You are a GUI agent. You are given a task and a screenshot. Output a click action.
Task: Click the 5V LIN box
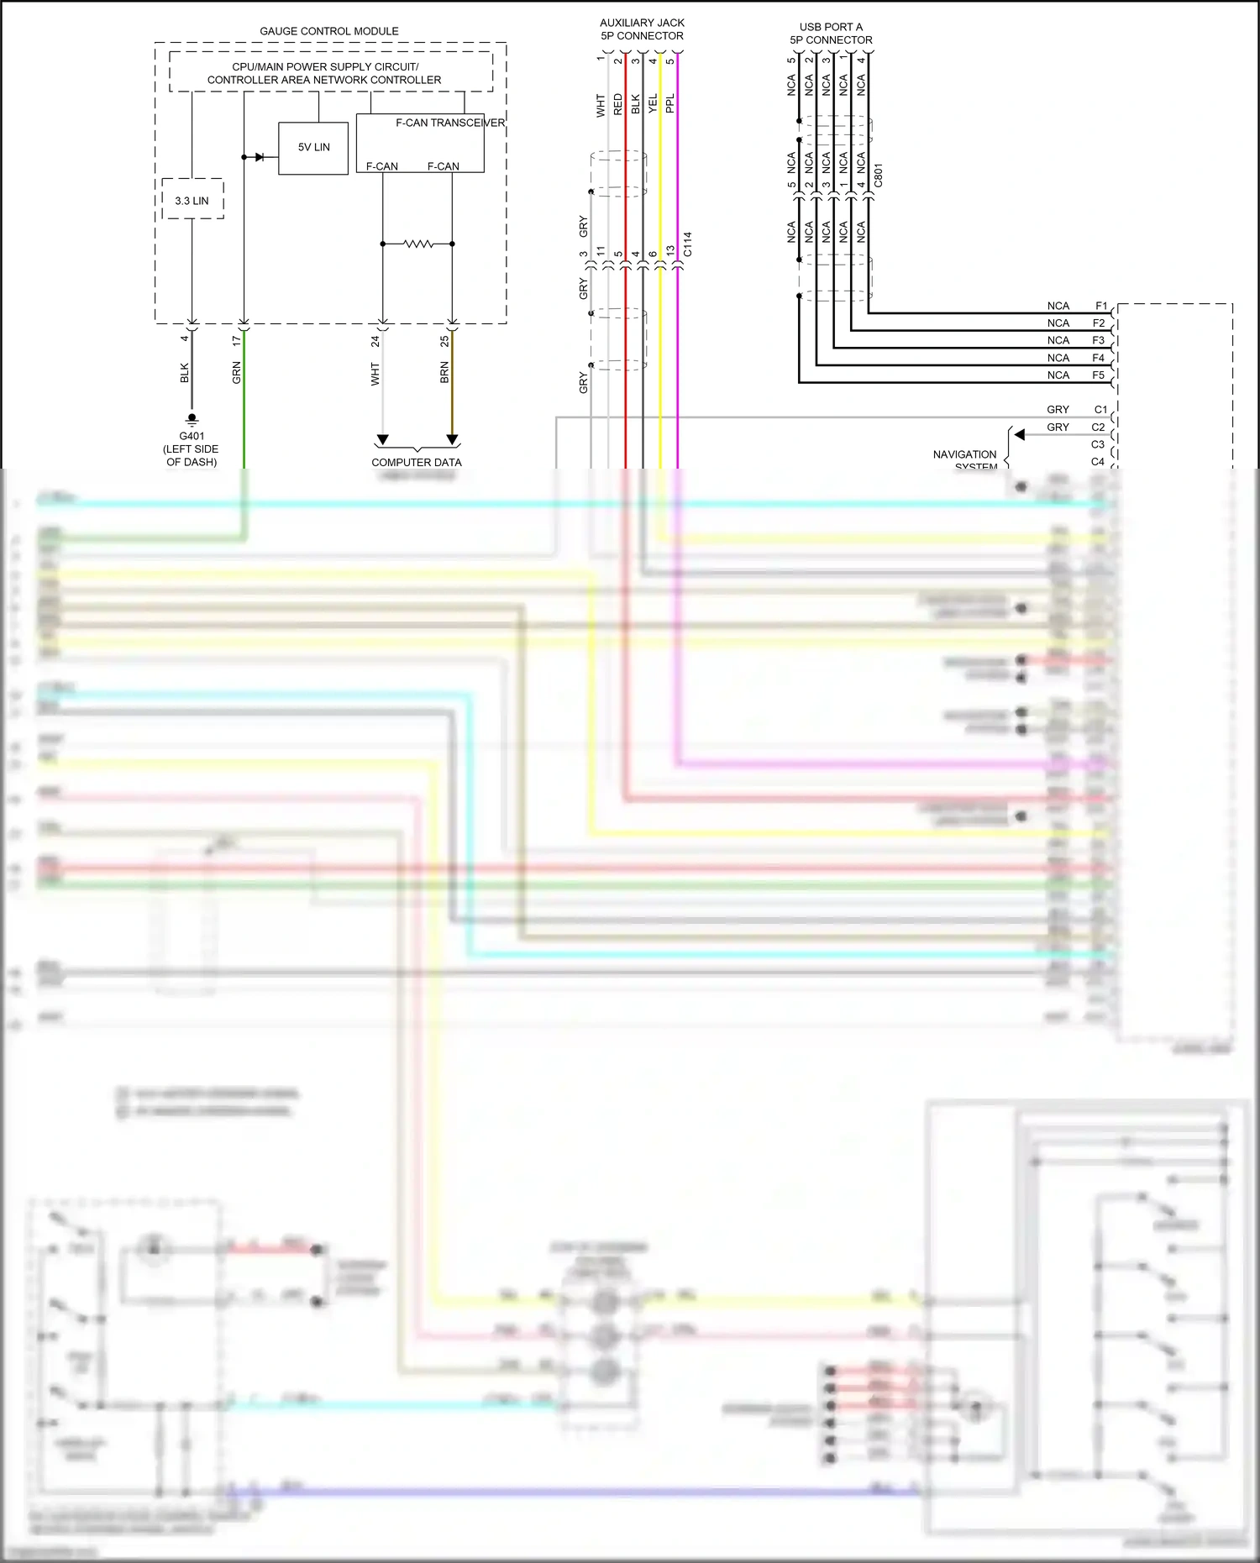click(x=313, y=148)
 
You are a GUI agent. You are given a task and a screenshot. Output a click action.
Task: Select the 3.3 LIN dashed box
click(x=192, y=200)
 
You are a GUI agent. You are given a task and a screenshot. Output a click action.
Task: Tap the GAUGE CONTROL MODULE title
click(x=329, y=31)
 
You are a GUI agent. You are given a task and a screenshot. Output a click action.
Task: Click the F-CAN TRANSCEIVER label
click(x=449, y=123)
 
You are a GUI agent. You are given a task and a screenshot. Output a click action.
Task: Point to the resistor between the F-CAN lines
click(x=417, y=244)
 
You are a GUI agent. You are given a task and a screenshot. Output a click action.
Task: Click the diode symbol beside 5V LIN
click(x=260, y=157)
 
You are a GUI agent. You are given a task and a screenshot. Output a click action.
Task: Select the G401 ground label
click(x=192, y=436)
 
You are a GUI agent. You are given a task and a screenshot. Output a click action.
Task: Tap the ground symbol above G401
click(x=192, y=419)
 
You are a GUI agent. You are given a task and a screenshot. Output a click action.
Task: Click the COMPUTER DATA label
click(x=417, y=462)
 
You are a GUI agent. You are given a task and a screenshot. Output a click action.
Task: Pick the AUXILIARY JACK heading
click(x=642, y=23)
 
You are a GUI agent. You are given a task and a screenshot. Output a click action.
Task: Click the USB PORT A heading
click(x=831, y=27)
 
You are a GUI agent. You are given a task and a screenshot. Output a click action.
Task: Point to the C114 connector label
click(x=687, y=244)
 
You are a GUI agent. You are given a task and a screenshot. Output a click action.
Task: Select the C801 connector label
click(x=879, y=176)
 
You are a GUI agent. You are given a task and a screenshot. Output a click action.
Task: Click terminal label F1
click(x=1100, y=307)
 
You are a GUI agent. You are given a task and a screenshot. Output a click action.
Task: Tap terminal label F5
click(x=1099, y=375)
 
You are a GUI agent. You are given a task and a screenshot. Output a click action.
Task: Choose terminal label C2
click(x=1099, y=427)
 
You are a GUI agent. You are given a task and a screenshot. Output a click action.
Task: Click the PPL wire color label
click(x=670, y=103)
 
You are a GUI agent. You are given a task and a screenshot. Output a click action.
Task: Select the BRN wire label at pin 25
click(x=444, y=373)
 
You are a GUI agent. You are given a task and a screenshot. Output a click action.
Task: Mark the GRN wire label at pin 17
click(x=237, y=373)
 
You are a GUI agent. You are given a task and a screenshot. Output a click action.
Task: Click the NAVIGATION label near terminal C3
click(x=964, y=454)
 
